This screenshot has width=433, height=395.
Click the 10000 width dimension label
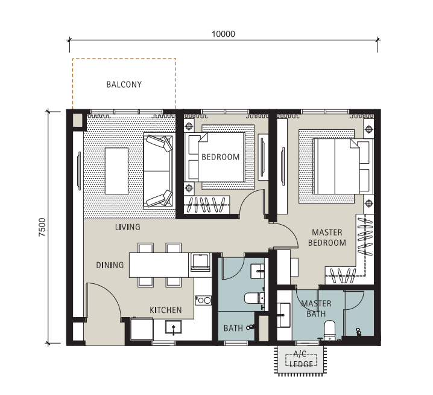pyautogui.click(x=223, y=34)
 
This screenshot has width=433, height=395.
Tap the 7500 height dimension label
pyautogui.click(x=42, y=227)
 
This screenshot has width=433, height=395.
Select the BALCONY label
pyautogui.click(x=124, y=85)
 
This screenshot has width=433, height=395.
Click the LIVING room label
pyautogui.click(x=128, y=227)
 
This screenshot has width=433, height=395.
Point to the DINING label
pyautogui.click(x=110, y=265)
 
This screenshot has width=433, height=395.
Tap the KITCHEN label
pyautogui.click(x=166, y=310)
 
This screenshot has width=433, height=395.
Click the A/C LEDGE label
pyautogui.click(x=301, y=359)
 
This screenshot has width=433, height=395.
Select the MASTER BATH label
pyautogui.click(x=316, y=309)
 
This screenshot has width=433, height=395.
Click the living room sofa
pyautogui.click(x=159, y=171)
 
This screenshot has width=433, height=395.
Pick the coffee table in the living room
pyautogui.click(x=116, y=171)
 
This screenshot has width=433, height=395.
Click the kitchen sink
pyautogui.click(x=174, y=327)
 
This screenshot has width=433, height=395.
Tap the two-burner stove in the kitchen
pyautogui.click(x=203, y=300)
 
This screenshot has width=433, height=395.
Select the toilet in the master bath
pyautogui.click(x=329, y=330)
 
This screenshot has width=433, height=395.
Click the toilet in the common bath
pyautogui.click(x=254, y=298)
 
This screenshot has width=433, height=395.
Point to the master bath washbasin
pyautogui.click(x=284, y=315)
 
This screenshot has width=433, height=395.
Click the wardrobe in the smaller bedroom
pyautogui.click(x=207, y=204)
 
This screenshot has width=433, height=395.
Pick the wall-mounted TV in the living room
pyautogui.click(x=79, y=171)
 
